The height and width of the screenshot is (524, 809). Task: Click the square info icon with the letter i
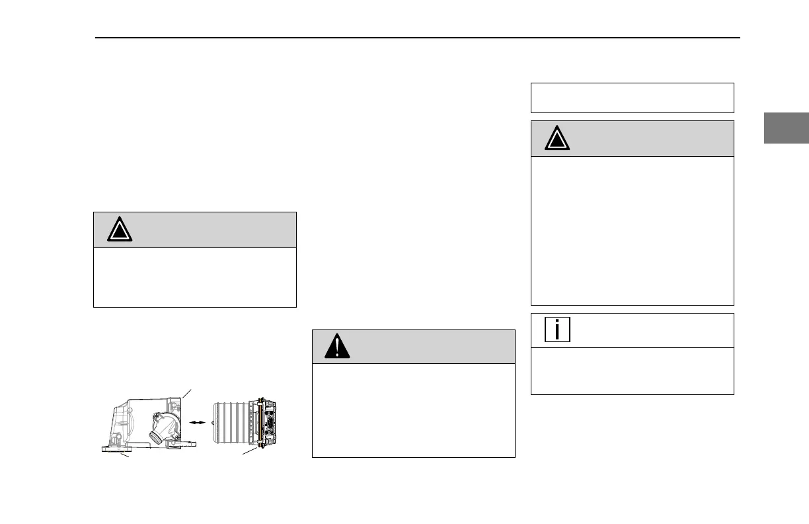(557, 329)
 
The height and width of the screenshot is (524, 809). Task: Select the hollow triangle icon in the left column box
(120, 229)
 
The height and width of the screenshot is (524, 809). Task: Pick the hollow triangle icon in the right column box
(558, 138)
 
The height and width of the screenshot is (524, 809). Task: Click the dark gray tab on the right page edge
(787, 128)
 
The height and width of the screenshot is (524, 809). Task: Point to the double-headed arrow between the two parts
(195, 420)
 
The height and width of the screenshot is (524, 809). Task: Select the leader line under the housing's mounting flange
(127, 457)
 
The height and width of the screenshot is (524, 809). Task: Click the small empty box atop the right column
(632, 98)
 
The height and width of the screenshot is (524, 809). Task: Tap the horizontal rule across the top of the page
(416, 38)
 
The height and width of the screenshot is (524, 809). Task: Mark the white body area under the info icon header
(632, 371)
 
